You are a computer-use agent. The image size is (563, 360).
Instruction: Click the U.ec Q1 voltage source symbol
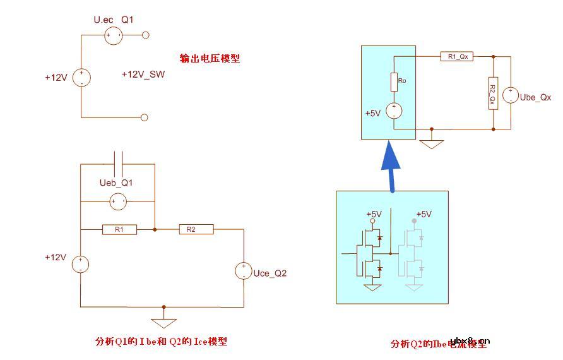114,35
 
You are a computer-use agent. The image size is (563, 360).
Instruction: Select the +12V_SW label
143,75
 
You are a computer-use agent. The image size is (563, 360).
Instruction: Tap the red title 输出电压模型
210,59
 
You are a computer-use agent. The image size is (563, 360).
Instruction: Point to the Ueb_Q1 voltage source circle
117,202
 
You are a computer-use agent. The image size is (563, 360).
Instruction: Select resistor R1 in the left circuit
119,230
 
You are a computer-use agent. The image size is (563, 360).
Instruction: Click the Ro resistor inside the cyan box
394,81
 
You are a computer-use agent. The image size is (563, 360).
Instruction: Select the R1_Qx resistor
456,57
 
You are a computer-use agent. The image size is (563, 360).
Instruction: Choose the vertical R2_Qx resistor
493,93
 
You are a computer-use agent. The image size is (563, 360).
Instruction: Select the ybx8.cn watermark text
470,339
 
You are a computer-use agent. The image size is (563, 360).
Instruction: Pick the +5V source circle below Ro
394,111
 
